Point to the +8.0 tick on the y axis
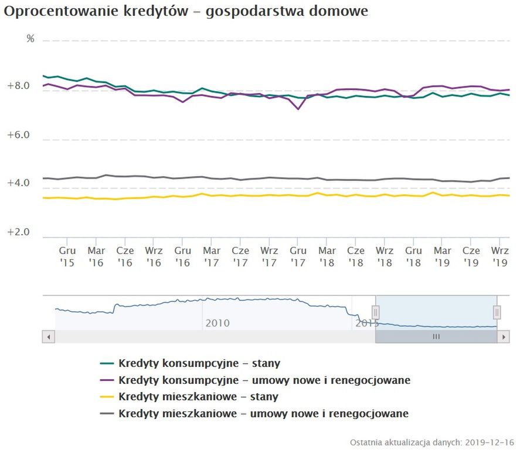[18, 86]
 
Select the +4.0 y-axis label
[18, 183]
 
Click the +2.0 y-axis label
[18, 232]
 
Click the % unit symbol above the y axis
[30, 39]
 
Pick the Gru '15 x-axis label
[67, 256]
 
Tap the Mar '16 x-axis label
[96, 256]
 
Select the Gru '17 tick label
[298, 256]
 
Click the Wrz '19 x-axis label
[499, 256]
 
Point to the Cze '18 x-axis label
[355, 256]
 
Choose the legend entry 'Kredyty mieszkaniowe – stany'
[198, 397]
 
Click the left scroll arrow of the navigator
[49, 337]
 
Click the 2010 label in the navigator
[217, 323]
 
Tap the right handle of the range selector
[497, 312]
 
